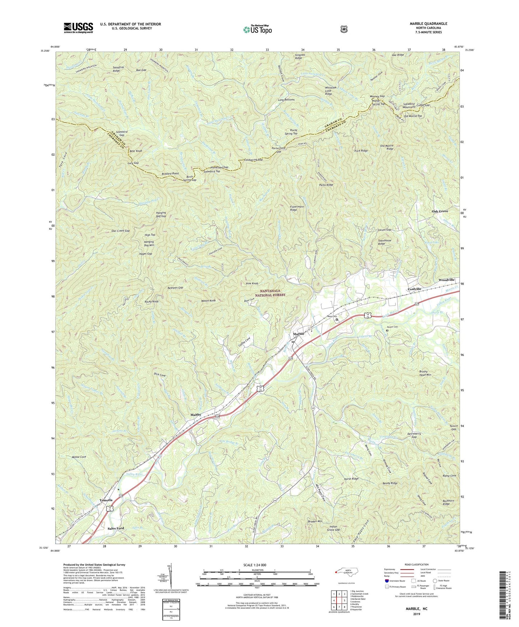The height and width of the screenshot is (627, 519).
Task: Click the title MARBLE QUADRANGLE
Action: pos(428,24)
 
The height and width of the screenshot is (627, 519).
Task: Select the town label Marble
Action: pos(298,334)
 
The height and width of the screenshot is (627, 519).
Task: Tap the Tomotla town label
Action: pos(106,500)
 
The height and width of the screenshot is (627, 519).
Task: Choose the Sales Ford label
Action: pos(116,529)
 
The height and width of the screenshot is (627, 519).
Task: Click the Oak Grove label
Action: pos(440,212)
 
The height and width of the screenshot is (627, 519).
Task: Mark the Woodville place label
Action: pos(446,280)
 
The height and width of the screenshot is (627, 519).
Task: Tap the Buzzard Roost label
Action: pos(170,173)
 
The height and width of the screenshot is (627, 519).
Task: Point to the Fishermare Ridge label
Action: pos(293,208)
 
